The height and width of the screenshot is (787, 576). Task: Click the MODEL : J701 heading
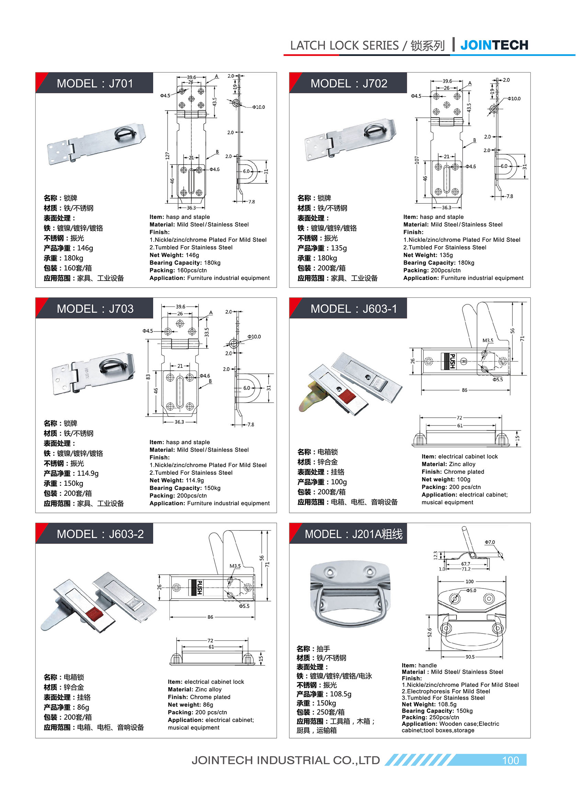95,84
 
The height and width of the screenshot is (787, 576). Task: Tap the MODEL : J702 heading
349,84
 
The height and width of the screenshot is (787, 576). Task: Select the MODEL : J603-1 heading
353,309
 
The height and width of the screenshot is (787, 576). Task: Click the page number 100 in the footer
510,760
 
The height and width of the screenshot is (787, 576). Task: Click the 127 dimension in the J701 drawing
167,156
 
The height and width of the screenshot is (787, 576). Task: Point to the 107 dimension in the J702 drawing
417,160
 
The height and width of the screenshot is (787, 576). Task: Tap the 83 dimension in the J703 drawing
148,377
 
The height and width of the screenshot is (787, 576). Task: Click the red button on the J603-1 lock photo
347,396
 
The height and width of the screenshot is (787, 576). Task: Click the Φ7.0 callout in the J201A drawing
489,542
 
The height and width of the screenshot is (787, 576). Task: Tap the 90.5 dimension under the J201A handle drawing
470,657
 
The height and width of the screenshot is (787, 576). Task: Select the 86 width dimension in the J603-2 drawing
210,617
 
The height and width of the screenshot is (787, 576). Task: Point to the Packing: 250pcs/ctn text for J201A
430,717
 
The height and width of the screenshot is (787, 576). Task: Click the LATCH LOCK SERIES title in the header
344,46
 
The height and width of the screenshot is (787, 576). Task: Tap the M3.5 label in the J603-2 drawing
235,566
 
